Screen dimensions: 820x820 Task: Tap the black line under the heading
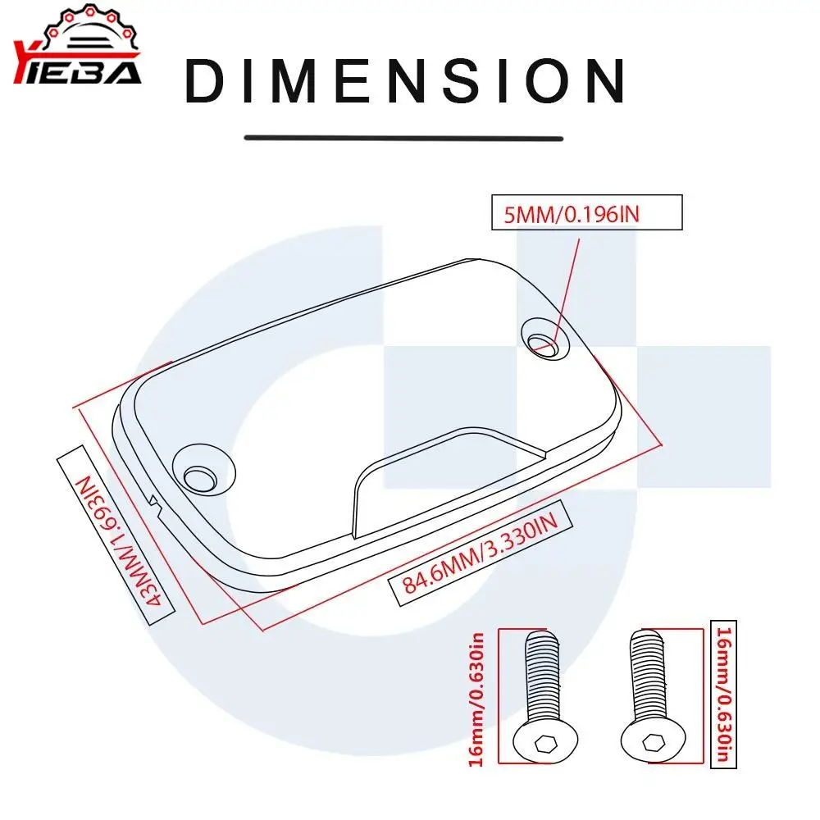tap(403, 138)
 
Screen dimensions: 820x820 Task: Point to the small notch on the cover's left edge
tap(154, 499)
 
